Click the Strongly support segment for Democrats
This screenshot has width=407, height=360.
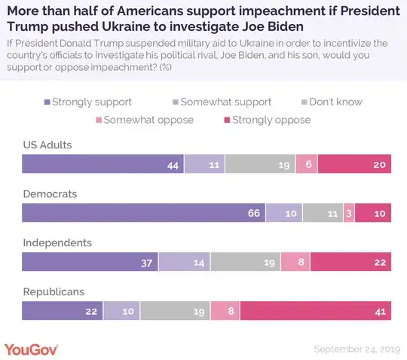click(x=143, y=212)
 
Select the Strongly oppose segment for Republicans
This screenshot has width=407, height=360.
click(x=316, y=310)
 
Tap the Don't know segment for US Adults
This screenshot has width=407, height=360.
click(x=260, y=163)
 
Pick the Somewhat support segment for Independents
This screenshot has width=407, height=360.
click(x=185, y=261)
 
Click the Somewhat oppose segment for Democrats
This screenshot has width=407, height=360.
click(x=348, y=212)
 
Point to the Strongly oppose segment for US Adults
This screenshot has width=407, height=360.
click(x=355, y=163)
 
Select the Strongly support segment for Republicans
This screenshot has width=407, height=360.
click(x=62, y=310)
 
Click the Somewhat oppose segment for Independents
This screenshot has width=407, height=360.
click(x=295, y=261)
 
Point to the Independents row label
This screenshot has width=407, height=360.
click(x=57, y=243)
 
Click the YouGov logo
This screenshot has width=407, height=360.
click(x=31, y=349)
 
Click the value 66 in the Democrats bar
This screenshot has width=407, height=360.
click(x=254, y=213)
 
